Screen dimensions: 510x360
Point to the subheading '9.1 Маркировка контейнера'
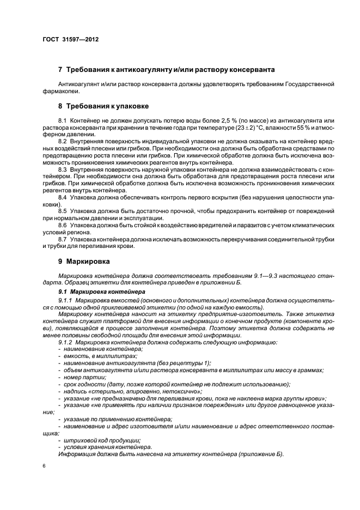[102, 293]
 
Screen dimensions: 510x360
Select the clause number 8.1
[62, 120]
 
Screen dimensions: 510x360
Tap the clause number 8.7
[62, 239]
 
